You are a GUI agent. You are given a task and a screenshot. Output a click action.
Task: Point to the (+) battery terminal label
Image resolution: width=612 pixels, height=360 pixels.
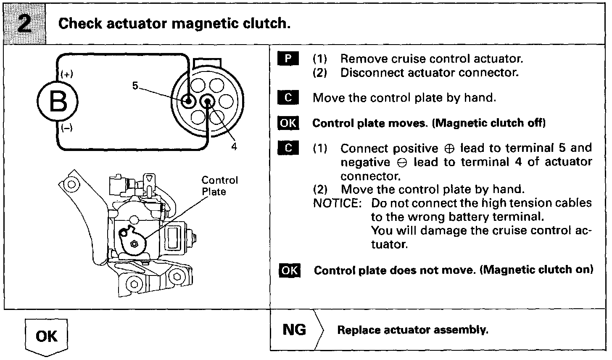pyautogui.click(x=66, y=74)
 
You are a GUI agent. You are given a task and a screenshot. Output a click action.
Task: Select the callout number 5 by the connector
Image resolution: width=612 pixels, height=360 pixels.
pyautogui.click(x=135, y=85)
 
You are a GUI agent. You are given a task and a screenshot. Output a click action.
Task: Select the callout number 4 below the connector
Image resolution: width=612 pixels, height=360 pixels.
pyautogui.click(x=234, y=146)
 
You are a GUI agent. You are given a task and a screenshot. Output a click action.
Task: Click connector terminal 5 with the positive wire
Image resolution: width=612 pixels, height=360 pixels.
pyautogui.click(x=187, y=101)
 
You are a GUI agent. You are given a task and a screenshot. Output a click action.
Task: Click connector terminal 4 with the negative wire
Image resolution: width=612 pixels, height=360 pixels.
pyautogui.click(x=207, y=101)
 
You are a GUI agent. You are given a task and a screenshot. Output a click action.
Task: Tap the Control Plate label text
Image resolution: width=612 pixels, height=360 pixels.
pyautogui.click(x=219, y=186)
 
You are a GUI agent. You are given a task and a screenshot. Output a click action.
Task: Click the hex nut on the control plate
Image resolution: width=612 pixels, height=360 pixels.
pyautogui.click(x=135, y=244)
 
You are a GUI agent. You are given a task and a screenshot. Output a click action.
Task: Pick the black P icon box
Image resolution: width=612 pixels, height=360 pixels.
pyautogui.click(x=288, y=58)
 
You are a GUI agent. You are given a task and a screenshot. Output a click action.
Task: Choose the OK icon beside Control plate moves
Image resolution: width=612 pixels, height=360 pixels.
pyautogui.click(x=288, y=123)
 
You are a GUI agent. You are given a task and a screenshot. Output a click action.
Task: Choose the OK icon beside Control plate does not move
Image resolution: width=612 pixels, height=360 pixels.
pyautogui.click(x=289, y=270)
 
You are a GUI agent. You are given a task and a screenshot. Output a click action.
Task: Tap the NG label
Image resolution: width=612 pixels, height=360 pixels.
pyautogui.click(x=294, y=330)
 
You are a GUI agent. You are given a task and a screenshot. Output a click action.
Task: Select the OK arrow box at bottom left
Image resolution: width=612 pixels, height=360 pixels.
pyautogui.click(x=46, y=337)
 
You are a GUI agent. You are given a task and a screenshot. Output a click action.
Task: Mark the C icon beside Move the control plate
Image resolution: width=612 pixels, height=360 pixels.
pyautogui.click(x=288, y=98)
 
